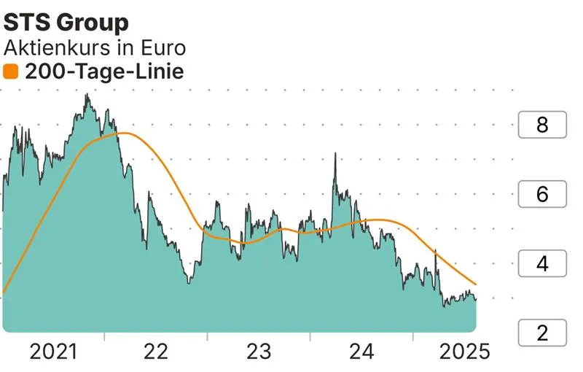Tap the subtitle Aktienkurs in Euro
click(95, 47)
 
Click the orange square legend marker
click(11, 71)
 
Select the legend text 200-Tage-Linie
click(104, 71)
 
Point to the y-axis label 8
click(541, 125)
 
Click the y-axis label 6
click(541, 195)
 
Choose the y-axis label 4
click(541, 264)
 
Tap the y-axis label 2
click(541, 333)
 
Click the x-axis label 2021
click(53, 352)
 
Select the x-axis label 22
click(156, 352)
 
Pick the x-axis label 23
click(259, 352)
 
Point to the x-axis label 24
click(361, 352)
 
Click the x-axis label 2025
click(463, 352)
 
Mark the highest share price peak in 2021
click(87, 95)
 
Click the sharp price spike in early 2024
click(335, 154)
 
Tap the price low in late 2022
click(189, 282)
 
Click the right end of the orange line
click(476, 284)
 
